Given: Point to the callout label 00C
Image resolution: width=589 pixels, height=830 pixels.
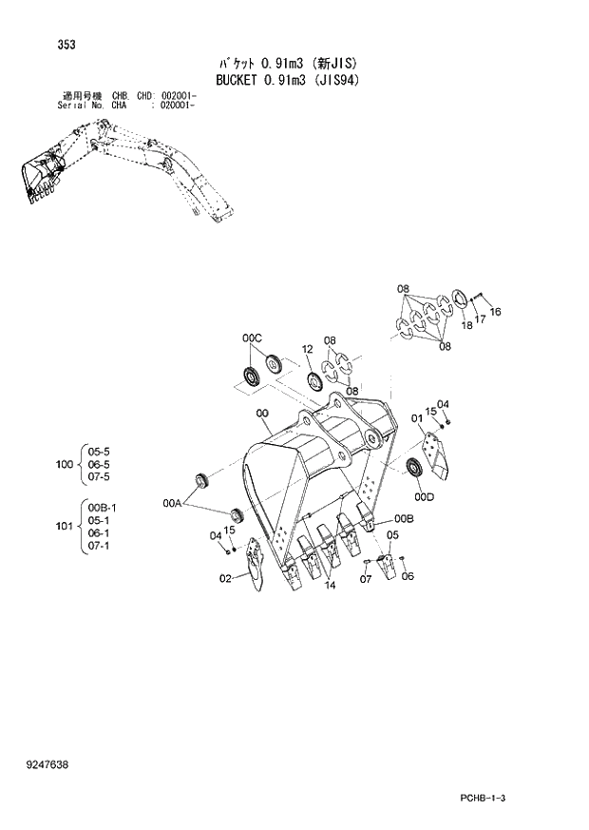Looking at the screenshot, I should coord(251,338).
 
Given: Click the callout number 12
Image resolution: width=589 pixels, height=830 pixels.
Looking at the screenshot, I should coord(307,350).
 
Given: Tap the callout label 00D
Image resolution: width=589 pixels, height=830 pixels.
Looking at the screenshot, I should coord(424,495).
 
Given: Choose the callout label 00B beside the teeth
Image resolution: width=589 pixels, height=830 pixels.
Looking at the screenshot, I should coord(405,518).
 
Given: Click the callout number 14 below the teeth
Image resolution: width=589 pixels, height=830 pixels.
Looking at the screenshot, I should coord(330,586).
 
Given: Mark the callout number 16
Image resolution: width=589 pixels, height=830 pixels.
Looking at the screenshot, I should coord(495,313).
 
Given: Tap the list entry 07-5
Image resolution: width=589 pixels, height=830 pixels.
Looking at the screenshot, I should coord(99,476).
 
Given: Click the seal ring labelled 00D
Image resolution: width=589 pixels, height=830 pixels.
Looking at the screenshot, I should coord(414,468).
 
